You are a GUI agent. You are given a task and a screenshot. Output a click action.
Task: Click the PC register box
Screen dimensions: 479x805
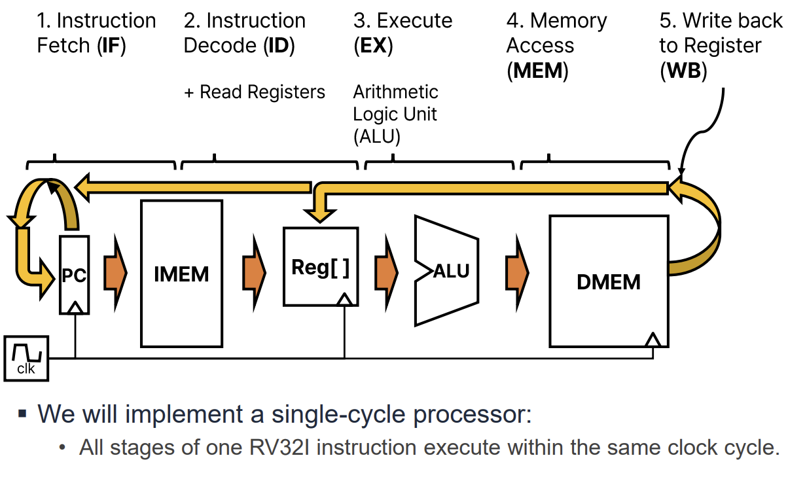[75, 274]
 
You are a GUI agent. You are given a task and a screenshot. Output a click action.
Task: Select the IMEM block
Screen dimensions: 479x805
[181, 274]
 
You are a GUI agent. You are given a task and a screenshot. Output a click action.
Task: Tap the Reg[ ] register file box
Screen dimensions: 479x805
[320, 267]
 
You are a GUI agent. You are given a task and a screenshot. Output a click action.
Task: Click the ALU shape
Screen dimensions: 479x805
[446, 270]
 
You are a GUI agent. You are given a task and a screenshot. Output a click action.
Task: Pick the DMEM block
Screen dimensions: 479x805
[608, 281]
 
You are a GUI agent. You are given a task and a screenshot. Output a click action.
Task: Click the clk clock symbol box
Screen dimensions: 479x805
[26, 358]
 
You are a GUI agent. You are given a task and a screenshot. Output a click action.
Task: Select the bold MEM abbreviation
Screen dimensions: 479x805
[537, 71]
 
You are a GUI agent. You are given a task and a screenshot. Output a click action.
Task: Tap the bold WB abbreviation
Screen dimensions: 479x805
[683, 71]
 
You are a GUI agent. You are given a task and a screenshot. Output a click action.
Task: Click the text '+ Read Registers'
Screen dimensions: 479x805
[255, 92]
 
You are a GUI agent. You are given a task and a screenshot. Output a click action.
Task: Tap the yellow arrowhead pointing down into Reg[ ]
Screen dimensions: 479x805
[320, 213]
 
